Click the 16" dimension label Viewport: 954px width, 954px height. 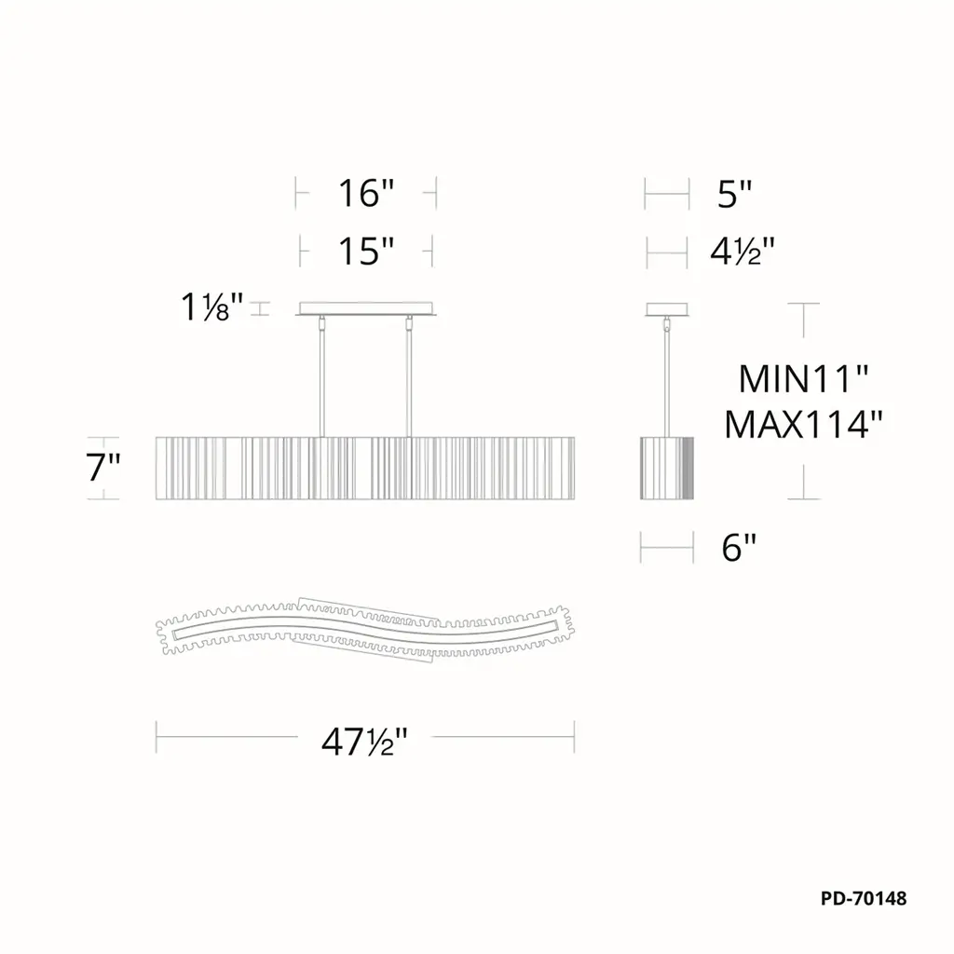click(366, 193)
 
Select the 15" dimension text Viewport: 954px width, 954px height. click(366, 251)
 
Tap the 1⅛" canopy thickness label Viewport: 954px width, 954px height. click(211, 307)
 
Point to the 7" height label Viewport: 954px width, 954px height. click(102, 468)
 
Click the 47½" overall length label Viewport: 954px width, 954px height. click(364, 741)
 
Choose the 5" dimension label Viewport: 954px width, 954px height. click(735, 194)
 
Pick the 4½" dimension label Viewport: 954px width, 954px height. click(743, 251)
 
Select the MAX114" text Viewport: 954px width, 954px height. click(803, 424)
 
